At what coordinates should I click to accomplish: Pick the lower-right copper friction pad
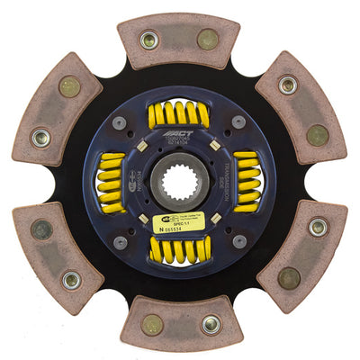point(301,256)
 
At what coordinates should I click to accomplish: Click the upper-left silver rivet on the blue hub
point(120,122)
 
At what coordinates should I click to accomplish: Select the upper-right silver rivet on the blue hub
point(238,121)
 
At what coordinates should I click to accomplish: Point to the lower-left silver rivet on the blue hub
point(120,242)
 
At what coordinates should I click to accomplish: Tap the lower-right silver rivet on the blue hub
point(238,241)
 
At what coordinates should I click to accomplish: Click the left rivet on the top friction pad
point(149,40)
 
